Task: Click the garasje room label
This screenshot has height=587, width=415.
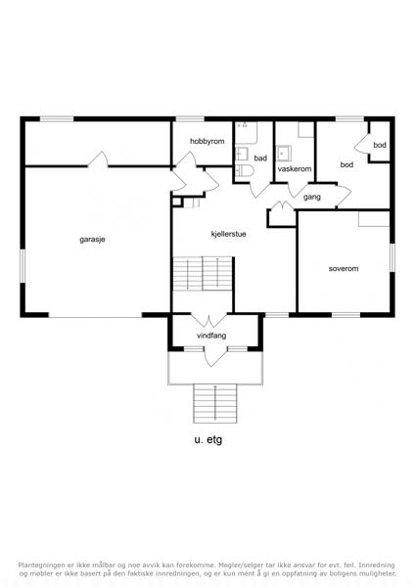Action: tap(92, 240)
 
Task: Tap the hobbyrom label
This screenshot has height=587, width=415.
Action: tap(207, 141)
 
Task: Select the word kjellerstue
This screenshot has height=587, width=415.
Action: tap(228, 234)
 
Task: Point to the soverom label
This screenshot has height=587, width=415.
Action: tap(344, 268)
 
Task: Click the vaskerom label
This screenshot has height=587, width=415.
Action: tap(295, 169)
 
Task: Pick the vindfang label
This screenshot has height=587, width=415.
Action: tap(211, 336)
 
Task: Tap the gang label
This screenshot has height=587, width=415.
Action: tap(312, 197)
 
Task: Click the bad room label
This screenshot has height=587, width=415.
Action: tap(260, 158)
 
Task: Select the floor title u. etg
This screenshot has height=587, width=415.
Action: tap(208, 439)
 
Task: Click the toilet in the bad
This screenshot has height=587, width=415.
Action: tap(245, 170)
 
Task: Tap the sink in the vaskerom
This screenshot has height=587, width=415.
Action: tap(284, 154)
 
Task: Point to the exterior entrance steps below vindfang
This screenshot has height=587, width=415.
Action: tap(215, 403)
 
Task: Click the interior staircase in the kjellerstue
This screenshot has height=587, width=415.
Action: tap(203, 273)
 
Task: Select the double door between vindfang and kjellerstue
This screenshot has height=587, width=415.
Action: tap(209, 320)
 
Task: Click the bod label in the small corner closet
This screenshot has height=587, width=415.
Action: tap(380, 145)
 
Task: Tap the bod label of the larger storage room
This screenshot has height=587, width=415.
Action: tap(346, 164)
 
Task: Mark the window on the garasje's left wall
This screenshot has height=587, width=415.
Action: tap(23, 266)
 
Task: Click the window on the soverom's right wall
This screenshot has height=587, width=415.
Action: tap(392, 257)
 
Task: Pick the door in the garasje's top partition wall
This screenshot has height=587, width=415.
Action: tap(98, 159)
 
